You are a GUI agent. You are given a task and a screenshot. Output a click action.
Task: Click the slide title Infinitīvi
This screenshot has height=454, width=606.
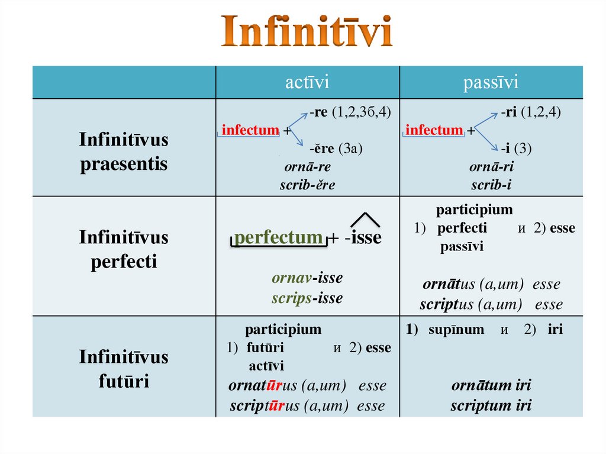[307, 32]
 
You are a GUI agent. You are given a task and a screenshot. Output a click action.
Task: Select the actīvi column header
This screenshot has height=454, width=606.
[307, 82]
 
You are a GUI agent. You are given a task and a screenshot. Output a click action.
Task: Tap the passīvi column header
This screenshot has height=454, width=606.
[491, 82]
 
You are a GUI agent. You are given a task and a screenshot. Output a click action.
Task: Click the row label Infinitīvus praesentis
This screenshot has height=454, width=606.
[124, 152]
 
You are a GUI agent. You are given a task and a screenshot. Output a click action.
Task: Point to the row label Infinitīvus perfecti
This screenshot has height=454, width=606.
[124, 249]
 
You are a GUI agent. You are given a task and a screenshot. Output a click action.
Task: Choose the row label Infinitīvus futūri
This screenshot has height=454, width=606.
[124, 368]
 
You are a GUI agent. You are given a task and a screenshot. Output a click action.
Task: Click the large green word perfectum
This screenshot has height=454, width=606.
[278, 237]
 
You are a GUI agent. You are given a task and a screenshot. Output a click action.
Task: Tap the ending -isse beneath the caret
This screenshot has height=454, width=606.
[363, 238]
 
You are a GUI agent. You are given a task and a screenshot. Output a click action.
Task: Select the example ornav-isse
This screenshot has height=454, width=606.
[307, 278]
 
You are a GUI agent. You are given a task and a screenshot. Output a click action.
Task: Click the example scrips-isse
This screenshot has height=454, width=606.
[307, 298]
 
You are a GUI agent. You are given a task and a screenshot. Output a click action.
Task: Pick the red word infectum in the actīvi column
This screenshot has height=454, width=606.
[250, 130]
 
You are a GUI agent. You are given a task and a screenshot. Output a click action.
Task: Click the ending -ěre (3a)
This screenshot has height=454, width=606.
[336, 149]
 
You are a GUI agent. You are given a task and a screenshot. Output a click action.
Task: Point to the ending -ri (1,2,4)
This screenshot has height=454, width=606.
[531, 111]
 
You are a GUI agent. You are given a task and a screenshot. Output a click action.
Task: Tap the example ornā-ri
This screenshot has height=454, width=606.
[491, 167]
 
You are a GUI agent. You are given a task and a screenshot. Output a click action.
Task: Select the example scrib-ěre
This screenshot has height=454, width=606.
[307, 185]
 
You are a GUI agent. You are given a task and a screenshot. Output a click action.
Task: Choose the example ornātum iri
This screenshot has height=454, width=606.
[491, 386]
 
